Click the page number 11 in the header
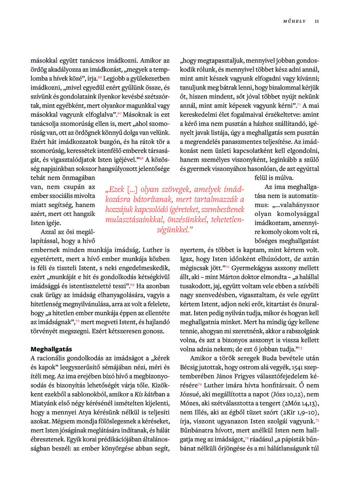click(317, 22)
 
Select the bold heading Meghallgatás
click(52, 349)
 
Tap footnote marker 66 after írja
click(100, 77)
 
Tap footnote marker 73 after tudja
click(300, 348)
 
